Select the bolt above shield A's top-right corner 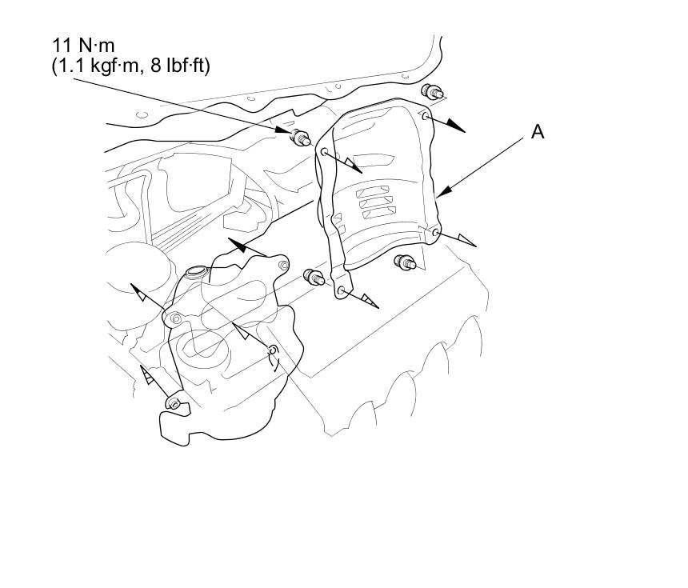point(433,90)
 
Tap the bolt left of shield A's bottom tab point(313,278)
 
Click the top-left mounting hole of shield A point(324,151)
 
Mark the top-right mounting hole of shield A point(426,117)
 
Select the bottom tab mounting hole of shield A point(342,290)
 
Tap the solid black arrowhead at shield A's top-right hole point(454,126)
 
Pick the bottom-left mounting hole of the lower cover point(173,402)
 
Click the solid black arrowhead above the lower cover point(236,242)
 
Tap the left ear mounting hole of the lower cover point(176,320)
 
